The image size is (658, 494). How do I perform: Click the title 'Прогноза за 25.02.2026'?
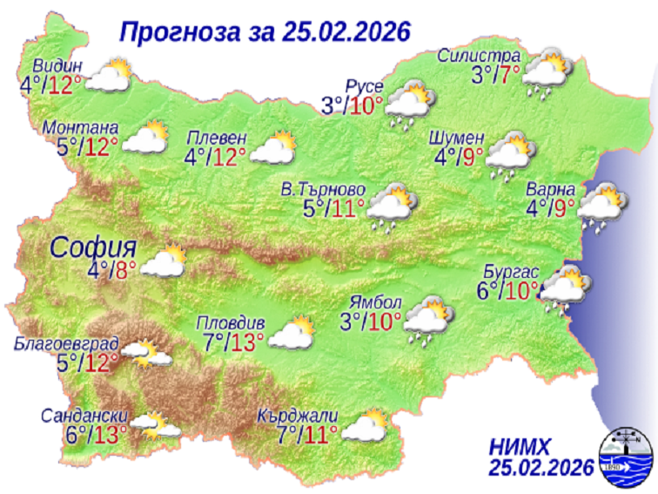(x=264, y=32)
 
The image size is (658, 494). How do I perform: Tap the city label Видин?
(x=58, y=67)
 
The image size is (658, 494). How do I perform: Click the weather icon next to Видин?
(x=108, y=77)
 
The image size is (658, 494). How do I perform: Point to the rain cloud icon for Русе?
(x=408, y=102)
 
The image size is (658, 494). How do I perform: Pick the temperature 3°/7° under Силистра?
(x=496, y=75)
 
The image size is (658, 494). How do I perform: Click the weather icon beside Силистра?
(x=546, y=71)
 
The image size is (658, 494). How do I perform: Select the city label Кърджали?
(x=297, y=415)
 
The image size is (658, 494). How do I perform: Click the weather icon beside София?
(x=163, y=262)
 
